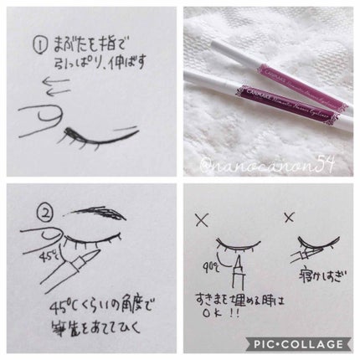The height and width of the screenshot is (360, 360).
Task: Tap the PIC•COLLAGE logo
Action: [305, 345]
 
